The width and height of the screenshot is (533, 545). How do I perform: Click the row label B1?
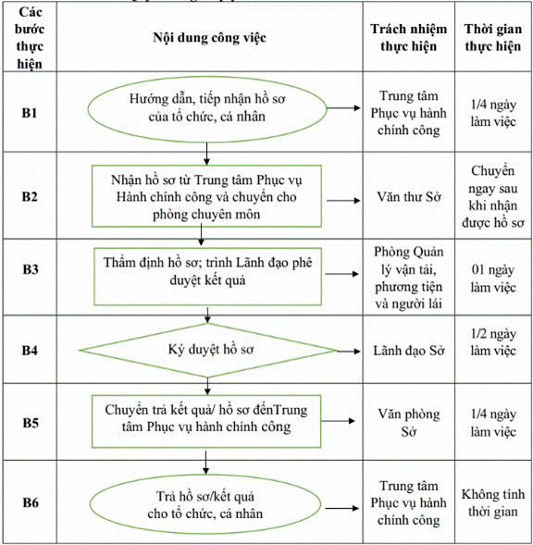(x=30, y=113)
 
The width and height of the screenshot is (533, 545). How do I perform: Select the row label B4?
(x=30, y=350)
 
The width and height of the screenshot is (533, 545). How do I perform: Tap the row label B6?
(x=31, y=502)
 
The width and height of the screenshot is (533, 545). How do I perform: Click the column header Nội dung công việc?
(x=210, y=38)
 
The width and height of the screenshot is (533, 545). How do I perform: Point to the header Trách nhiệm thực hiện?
(x=408, y=38)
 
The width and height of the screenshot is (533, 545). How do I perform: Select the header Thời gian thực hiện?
(x=493, y=38)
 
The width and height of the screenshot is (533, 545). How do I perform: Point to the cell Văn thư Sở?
(x=409, y=197)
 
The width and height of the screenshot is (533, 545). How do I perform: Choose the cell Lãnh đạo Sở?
(x=409, y=351)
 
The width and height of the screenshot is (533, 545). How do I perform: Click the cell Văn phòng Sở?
(x=409, y=423)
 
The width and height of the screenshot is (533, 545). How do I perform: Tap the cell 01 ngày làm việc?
(x=493, y=279)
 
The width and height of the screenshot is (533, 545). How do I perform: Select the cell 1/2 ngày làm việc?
(x=493, y=342)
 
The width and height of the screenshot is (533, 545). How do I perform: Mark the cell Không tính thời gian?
(x=493, y=502)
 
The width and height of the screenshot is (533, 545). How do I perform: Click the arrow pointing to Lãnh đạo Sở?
(x=349, y=352)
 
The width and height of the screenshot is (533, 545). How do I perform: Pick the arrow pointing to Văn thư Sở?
(x=343, y=201)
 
